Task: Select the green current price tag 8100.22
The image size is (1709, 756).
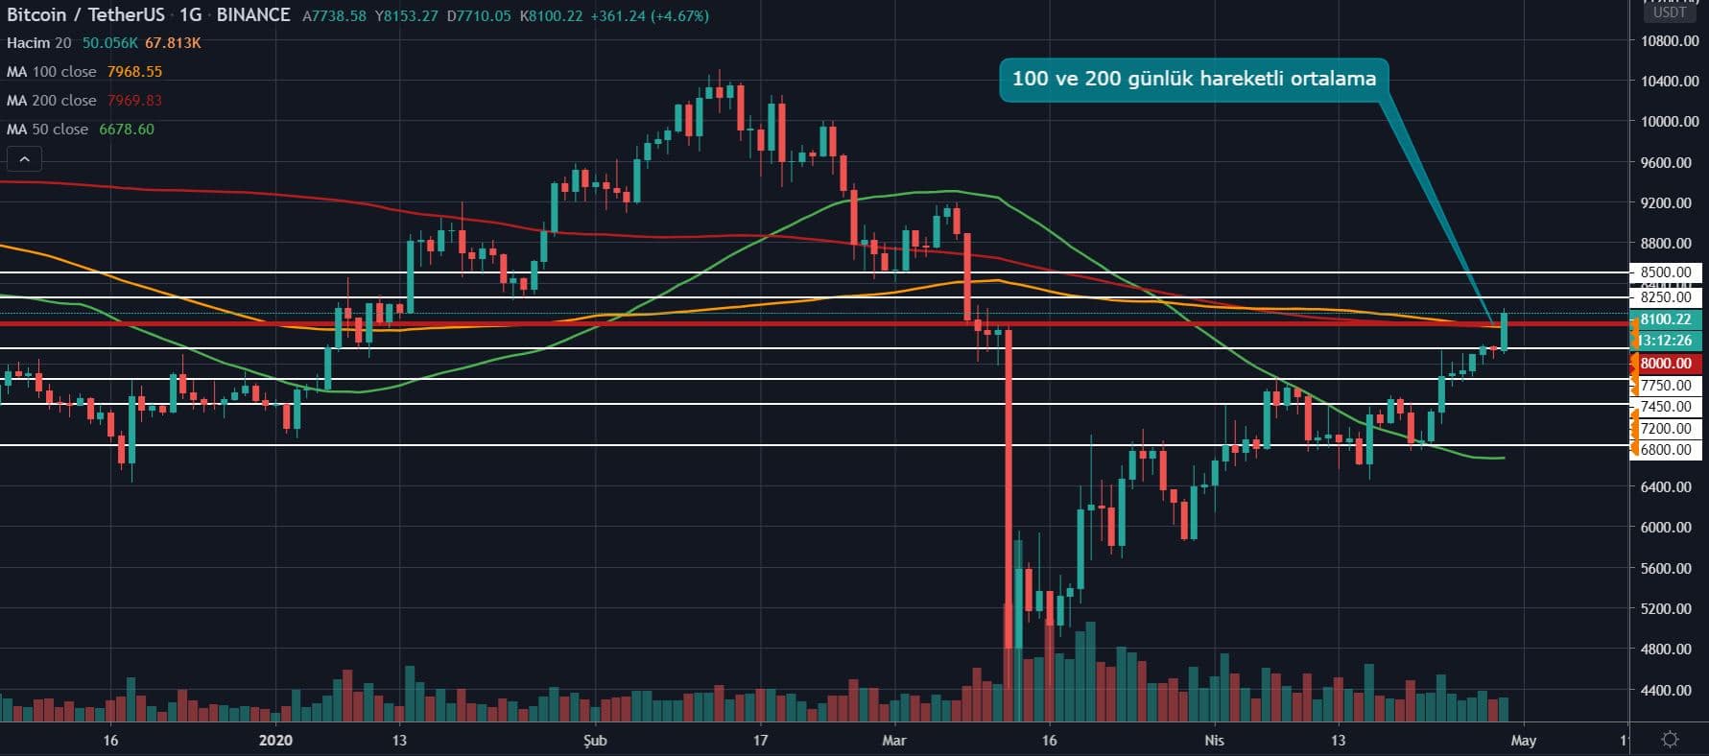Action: [1665, 319]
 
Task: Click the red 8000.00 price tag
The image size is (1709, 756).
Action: [1665, 364]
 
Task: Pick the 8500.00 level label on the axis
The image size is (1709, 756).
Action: [1665, 272]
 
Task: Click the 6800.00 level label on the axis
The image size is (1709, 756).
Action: [1665, 450]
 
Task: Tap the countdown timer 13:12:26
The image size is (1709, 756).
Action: [1665, 341]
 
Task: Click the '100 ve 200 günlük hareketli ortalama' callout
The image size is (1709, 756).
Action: [1193, 79]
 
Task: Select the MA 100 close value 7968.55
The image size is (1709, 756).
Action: [134, 72]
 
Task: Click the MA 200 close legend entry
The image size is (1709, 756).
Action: [52, 101]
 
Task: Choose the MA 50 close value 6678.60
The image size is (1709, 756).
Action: [126, 130]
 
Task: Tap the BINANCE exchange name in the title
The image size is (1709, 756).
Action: [253, 15]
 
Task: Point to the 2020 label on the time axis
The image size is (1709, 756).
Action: [275, 740]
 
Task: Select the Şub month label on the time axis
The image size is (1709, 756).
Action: [595, 740]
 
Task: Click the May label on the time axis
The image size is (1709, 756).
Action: [1523, 740]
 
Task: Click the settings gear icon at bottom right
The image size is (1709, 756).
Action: [1670, 739]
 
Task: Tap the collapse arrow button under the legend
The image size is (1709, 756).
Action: [24, 159]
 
